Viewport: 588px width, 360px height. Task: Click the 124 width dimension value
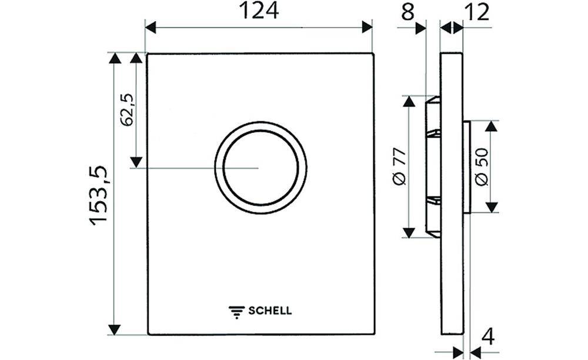[259, 11]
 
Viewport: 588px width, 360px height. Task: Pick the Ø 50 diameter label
[481, 168]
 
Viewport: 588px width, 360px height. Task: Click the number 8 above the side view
[407, 12]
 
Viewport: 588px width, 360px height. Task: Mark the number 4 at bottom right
[487, 336]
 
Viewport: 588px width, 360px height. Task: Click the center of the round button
[260, 168]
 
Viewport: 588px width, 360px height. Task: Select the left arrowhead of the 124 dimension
[151, 27]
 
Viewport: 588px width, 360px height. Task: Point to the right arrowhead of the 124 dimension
[367, 27]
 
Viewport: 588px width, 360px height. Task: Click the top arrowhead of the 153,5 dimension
[114, 58]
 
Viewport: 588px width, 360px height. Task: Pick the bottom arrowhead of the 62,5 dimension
[136, 161]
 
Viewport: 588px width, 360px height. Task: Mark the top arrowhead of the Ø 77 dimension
[408, 102]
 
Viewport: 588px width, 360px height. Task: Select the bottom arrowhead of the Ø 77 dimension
[408, 232]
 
